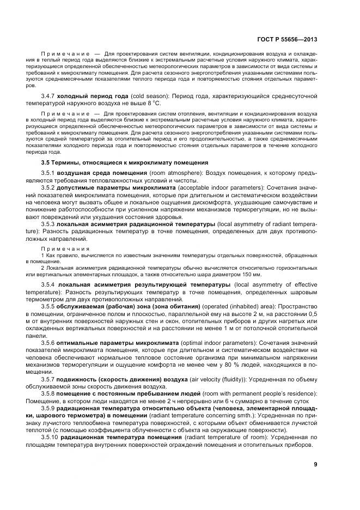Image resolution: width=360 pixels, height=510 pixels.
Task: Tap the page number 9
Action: pyautogui.click(x=316, y=464)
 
